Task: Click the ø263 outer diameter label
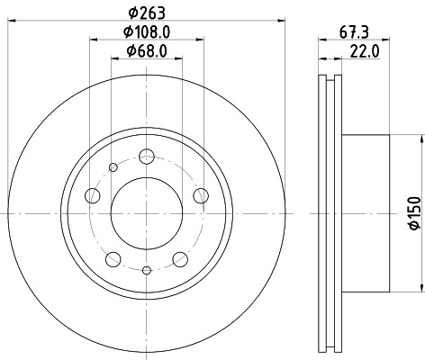coord(144,12)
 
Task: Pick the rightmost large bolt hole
coord(200,196)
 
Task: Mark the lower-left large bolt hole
coord(113,259)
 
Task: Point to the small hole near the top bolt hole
coord(113,166)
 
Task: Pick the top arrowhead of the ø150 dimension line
coord(420,138)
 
